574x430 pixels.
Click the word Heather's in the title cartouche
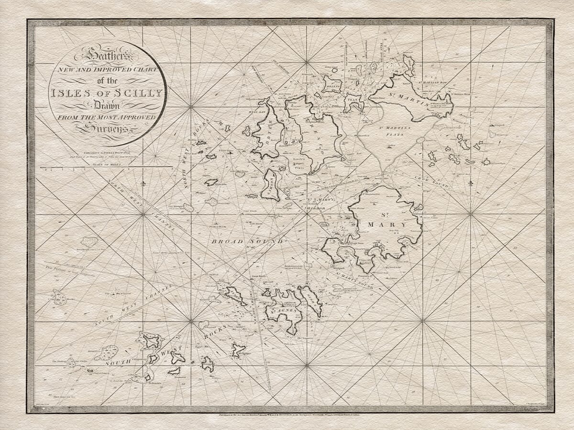(107, 56)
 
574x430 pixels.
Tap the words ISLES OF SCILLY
(107, 93)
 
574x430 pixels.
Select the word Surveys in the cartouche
(106, 128)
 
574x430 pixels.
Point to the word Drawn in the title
(107, 105)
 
